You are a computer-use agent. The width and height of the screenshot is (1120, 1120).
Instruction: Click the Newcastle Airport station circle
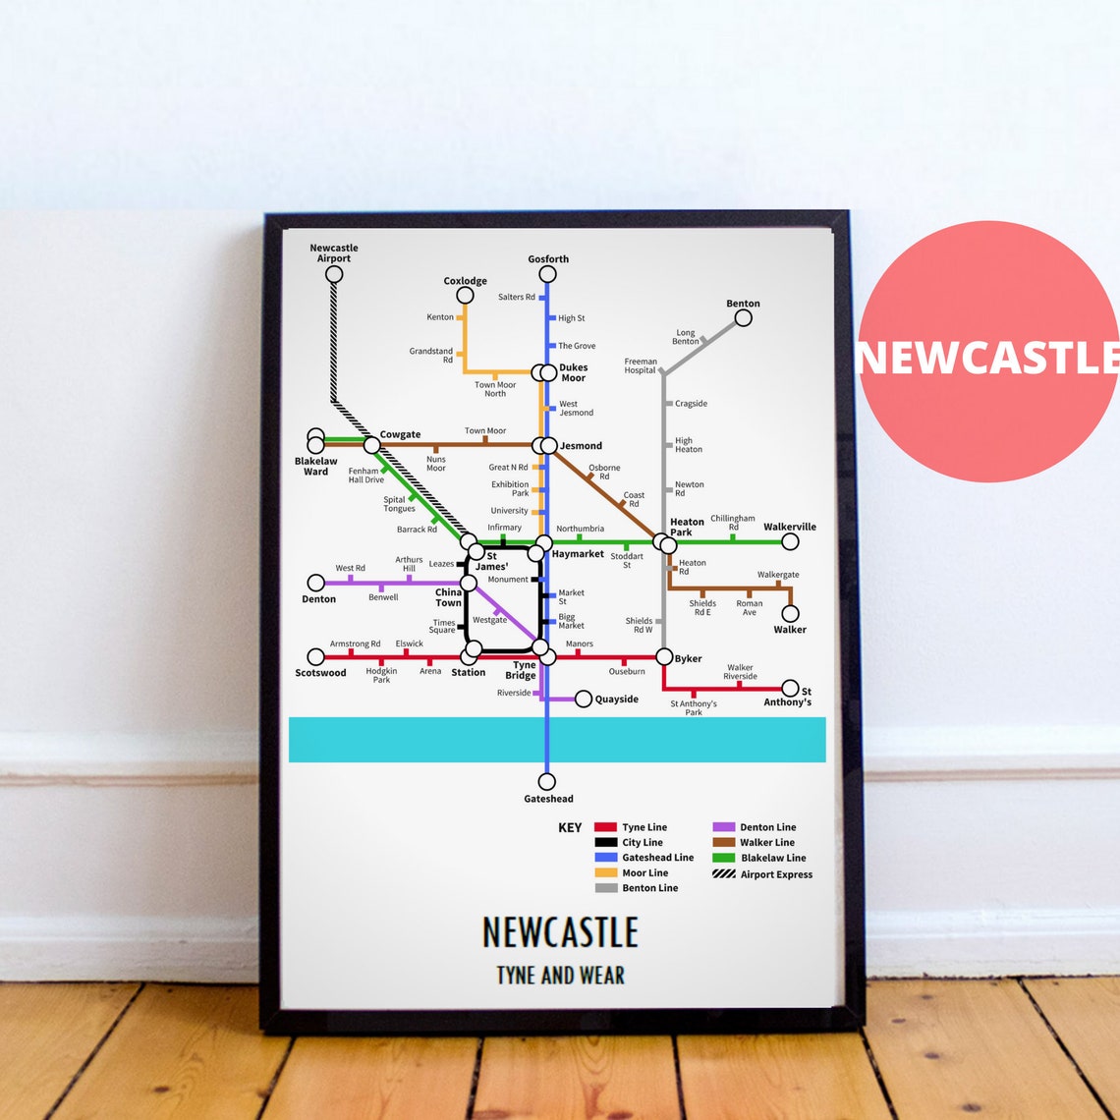tap(334, 274)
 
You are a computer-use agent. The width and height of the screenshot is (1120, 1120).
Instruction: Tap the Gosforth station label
tap(548, 259)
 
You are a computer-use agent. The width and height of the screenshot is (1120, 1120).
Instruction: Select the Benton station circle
tap(744, 317)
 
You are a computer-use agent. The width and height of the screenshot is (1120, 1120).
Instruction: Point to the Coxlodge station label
tap(465, 281)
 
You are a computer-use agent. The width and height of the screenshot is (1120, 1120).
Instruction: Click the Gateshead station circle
tap(547, 782)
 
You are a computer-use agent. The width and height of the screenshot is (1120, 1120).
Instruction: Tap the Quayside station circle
tap(584, 700)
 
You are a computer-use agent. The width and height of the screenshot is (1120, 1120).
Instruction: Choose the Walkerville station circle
tap(790, 541)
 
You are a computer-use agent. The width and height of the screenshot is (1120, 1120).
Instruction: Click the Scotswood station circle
tap(315, 657)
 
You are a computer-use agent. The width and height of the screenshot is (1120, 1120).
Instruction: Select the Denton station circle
tap(315, 583)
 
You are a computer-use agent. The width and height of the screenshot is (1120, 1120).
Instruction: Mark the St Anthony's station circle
tap(790, 688)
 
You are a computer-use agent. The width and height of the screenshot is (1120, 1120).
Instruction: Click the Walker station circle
tap(790, 614)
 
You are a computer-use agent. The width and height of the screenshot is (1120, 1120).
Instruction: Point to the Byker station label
tap(689, 658)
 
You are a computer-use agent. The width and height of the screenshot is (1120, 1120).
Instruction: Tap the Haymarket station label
tap(578, 554)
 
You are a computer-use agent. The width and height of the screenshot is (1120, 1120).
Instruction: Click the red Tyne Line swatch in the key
tap(605, 827)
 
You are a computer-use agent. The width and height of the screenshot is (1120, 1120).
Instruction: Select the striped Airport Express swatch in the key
tap(724, 873)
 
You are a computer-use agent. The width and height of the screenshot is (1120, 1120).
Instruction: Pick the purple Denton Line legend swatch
tap(724, 827)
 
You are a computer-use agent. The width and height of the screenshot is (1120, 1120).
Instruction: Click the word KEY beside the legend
tap(570, 827)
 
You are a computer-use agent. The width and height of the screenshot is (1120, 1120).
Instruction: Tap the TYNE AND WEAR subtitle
tap(560, 976)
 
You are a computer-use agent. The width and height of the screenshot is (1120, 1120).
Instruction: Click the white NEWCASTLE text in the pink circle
tap(988, 358)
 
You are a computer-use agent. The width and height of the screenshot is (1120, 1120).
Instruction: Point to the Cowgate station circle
tap(371, 445)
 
